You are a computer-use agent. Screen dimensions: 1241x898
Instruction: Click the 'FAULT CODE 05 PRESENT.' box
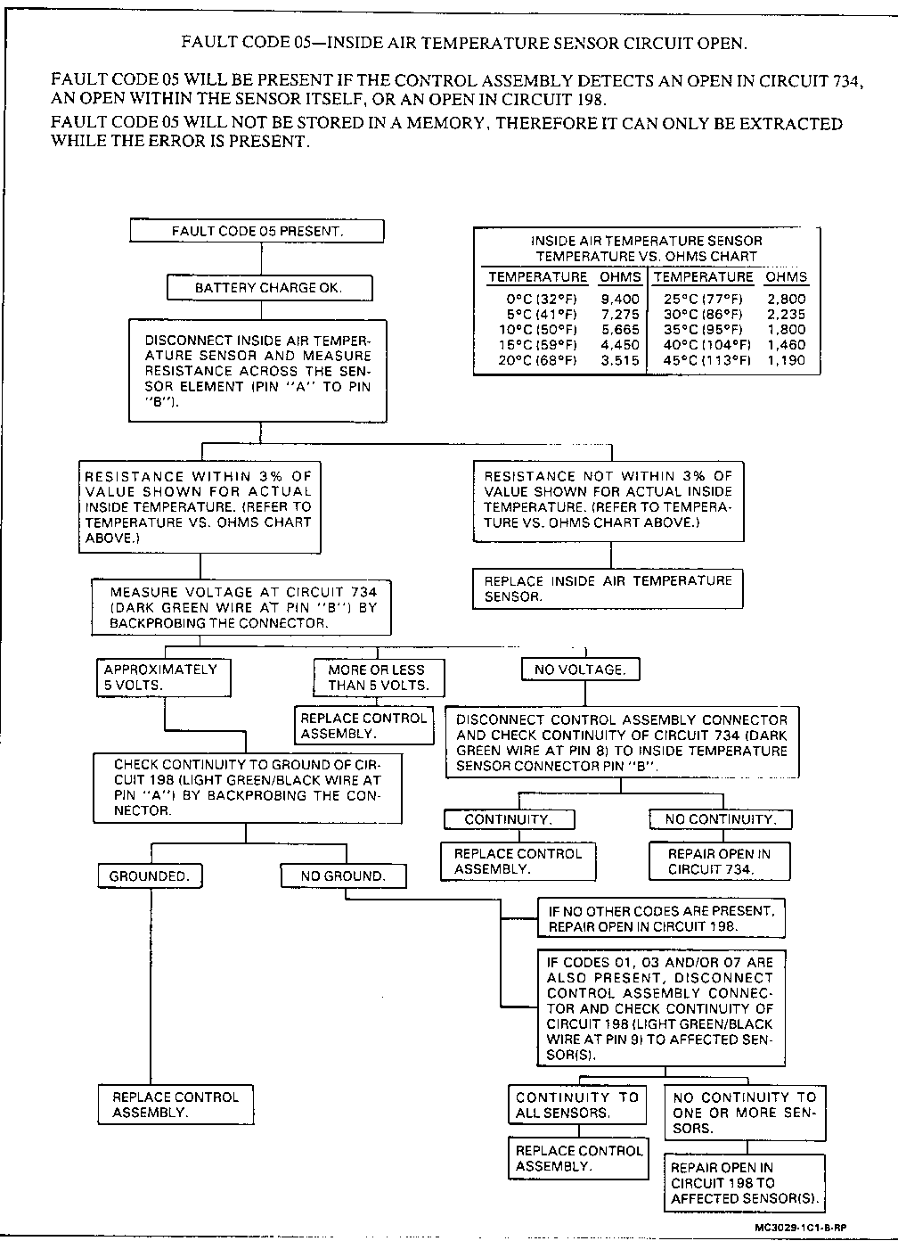pyautogui.click(x=257, y=231)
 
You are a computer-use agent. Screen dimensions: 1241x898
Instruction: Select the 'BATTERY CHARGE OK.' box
pyautogui.click(x=269, y=288)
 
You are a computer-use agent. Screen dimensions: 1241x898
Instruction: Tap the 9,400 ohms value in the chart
pyautogui.click(x=620, y=300)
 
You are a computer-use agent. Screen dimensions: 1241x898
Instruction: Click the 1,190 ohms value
pyautogui.click(x=786, y=360)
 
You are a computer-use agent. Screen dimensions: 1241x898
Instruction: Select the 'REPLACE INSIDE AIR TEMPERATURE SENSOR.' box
pyautogui.click(x=608, y=588)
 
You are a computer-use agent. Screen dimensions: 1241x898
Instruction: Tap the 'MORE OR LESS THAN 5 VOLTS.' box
pyautogui.click(x=378, y=678)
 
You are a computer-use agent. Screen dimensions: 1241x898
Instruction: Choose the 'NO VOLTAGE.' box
pyautogui.click(x=580, y=670)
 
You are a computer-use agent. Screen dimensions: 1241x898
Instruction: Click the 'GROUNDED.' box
pyautogui.click(x=150, y=876)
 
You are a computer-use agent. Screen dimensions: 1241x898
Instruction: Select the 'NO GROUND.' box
pyautogui.click(x=343, y=876)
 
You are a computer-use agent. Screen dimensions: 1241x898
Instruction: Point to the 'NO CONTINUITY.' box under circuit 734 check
pyautogui.click(x=721, y=819)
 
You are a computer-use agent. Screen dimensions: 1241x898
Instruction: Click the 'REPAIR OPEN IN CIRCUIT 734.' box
pyautogui.click(x=719, y=861)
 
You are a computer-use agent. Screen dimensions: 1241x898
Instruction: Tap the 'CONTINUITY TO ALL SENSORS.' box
pyautogui.click(x=577, y=1105)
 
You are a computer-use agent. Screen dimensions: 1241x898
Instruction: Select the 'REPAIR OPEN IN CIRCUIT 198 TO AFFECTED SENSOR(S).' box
pyautogui.click(x=744, y=1183)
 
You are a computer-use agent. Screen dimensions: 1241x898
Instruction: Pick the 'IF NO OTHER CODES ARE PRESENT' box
pyautogui.click(x=661, y=919)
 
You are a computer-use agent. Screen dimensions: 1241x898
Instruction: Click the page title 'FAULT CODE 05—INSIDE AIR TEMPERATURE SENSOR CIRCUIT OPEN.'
pyautogui.click(x=464, y=42)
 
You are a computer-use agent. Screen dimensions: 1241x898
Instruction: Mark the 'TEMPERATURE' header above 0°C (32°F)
pyautogui.click(x=537, y=277)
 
